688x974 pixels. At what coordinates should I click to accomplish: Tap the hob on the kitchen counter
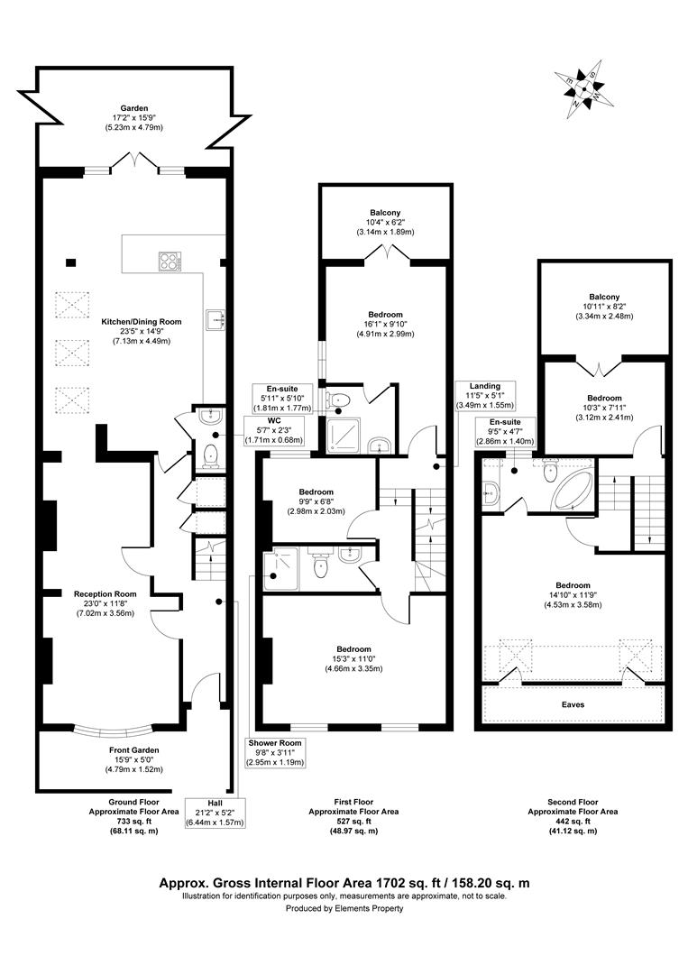169,262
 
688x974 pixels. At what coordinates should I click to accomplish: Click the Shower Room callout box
277,752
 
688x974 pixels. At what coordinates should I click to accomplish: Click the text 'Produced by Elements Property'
344,908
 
